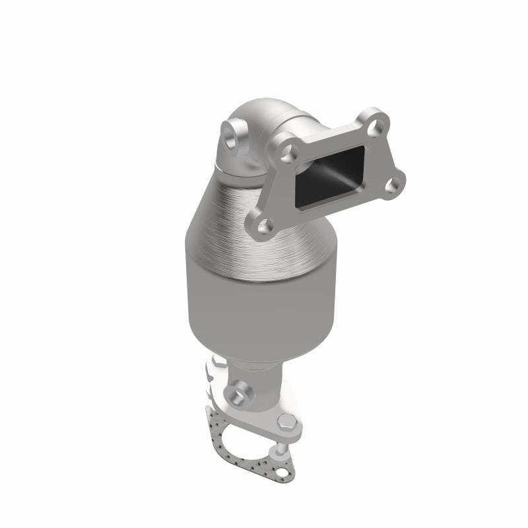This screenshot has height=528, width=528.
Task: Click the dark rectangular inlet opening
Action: tap(330, 174)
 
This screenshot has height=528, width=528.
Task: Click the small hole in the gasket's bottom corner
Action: tap(282, 470)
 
